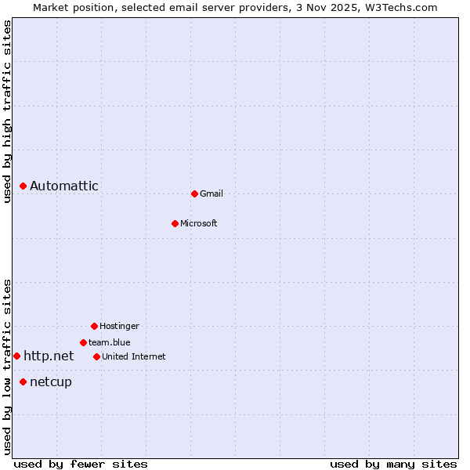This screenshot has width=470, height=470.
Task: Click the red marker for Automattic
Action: pos(23,186)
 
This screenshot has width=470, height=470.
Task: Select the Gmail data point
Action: pos(194,193)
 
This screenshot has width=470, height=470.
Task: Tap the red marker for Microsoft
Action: pos(175,223)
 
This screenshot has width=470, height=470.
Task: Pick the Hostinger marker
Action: pos(94,326)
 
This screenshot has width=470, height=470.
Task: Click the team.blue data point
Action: pos(83,342)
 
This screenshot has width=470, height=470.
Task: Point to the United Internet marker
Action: pos(96,356)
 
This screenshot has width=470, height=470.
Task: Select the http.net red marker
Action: pos(16,356)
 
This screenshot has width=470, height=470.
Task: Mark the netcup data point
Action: pos(23,381)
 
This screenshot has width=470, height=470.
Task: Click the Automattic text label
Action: pos(64,186)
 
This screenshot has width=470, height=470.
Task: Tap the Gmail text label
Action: pos(211,193)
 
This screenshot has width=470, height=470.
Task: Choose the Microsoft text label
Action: pos(199,223)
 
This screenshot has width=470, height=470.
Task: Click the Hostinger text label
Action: pos(119,326)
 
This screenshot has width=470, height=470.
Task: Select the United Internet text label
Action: pos(134,356)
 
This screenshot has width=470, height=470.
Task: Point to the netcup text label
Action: pos(51,381)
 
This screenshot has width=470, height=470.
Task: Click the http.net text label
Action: pos(49,356)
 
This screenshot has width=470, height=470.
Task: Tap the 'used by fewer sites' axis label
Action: pos(81,464)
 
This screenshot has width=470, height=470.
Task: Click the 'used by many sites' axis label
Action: pos(393,464)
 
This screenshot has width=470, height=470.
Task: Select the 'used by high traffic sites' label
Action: pos(8,111)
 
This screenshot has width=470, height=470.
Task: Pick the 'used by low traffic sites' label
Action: pos(8,367)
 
